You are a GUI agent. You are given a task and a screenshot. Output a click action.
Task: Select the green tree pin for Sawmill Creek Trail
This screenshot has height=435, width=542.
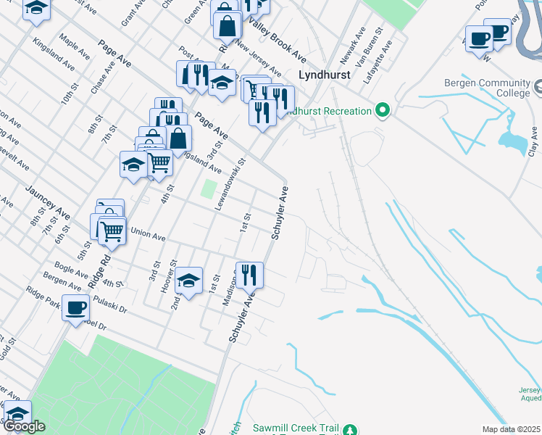[x=351, y=429]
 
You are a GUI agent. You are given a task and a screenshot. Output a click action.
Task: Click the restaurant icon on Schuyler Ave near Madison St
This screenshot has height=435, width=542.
[x=249, y=275]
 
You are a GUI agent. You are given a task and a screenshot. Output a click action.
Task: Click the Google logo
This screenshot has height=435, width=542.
[x=25, y=426]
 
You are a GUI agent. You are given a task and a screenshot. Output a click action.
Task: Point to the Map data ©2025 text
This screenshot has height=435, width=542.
[x=511, y=429]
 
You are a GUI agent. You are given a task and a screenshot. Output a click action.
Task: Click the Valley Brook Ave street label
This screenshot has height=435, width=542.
[x=278, y=40]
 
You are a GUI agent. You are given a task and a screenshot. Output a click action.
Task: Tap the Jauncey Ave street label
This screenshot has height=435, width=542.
[x=47, y=203]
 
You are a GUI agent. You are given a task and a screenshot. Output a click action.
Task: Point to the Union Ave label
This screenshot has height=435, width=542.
[x=148, y=236]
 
